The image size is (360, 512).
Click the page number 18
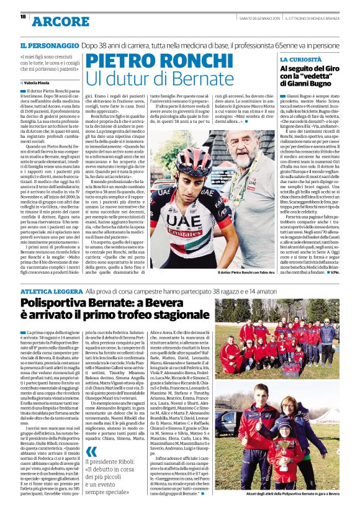[x=14, y=17]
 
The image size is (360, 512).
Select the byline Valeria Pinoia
[x=40, y=82]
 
